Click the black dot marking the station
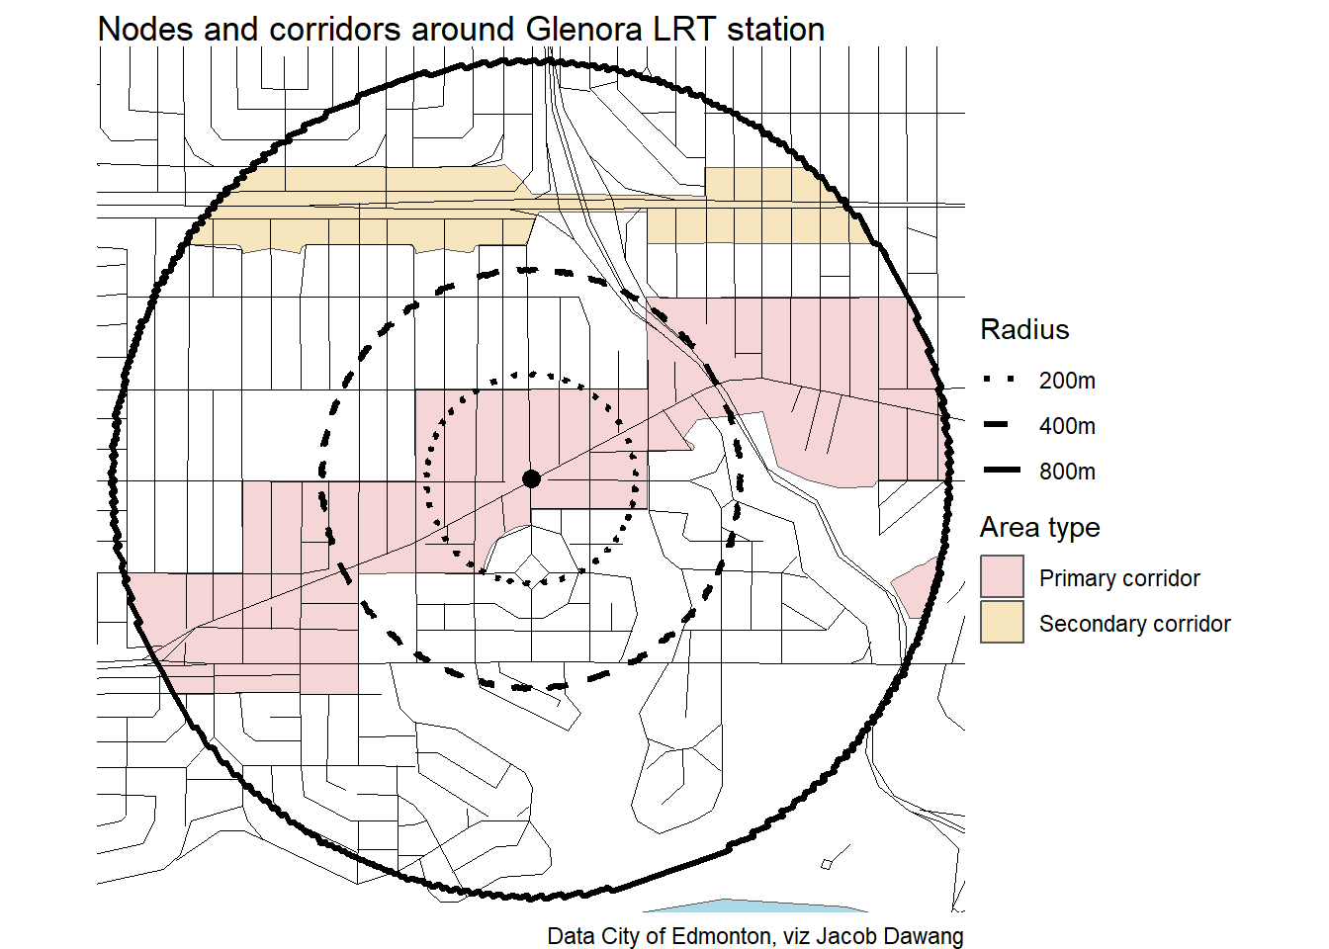pyautogui.click(x=531, y=478)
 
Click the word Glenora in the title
pyautogui.click(x=583, y=29)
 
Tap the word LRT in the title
pyautogui.click(x=684, y=29)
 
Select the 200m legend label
pyautogui.click(x=1067, y=381)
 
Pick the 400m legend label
pyautogui.click(x=1067, y=426)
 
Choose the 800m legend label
pyautogui.click(x=1067, y=472)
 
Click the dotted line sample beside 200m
pyautogui.click(x=1001, y=379)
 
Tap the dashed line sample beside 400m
pyautogui.click(x=996, y=425)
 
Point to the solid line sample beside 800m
pyautogui.click(x=1002, y=471)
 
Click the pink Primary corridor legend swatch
pyautogui.click(x=1002, y=576)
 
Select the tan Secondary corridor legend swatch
pyautogui.click(x=1002, y=622)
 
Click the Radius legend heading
pyautogui.click(x=1024, y=329)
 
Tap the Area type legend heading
pyautogui.click(x=1040, y=528)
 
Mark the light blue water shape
pyautogui.click(x=754, y=906)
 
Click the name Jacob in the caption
pyautogui.click(x=846, y=936)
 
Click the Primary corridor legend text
pyautogui.click(x=1119, y=578)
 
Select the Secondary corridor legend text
pyautogui.click(x=1135, y=624)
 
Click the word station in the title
pyautogui.click(x=776, y=29)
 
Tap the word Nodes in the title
pyautogui.click(x=145, y=29)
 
